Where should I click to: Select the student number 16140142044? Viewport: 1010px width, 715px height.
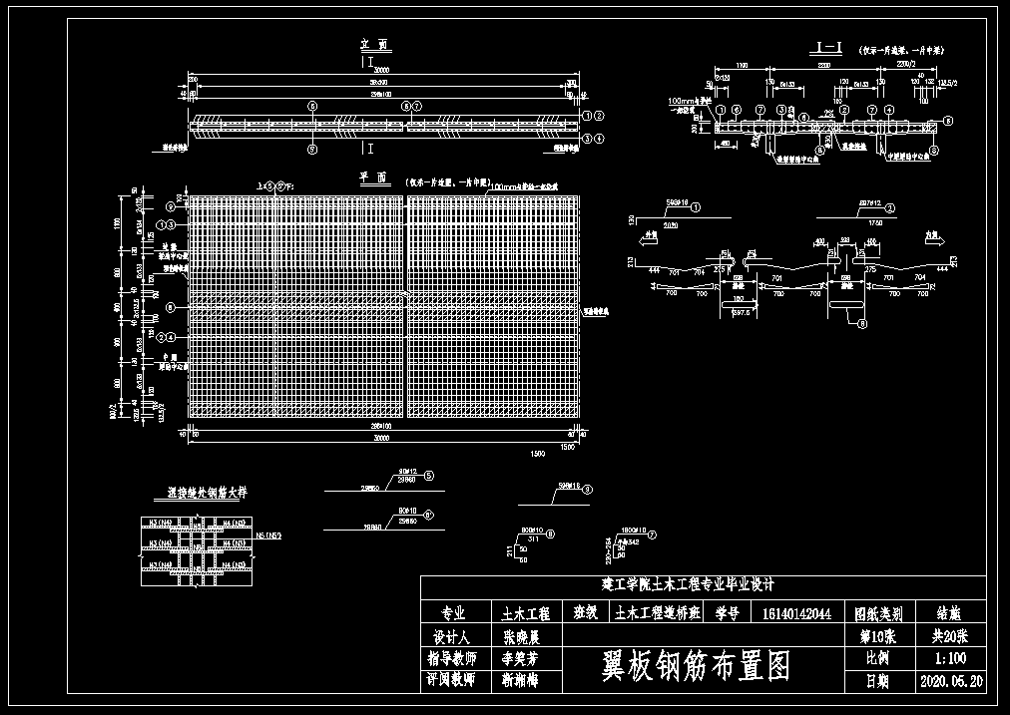pos(796,614)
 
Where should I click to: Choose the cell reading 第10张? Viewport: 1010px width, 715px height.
pos(877,636)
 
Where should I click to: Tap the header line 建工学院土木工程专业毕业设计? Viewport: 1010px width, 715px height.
pos(689,584)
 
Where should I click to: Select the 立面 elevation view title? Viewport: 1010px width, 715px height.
pos(375,45)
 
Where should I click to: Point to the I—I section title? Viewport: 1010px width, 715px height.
pos(830,47)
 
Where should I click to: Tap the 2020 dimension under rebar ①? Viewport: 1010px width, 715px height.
pos(671,225)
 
